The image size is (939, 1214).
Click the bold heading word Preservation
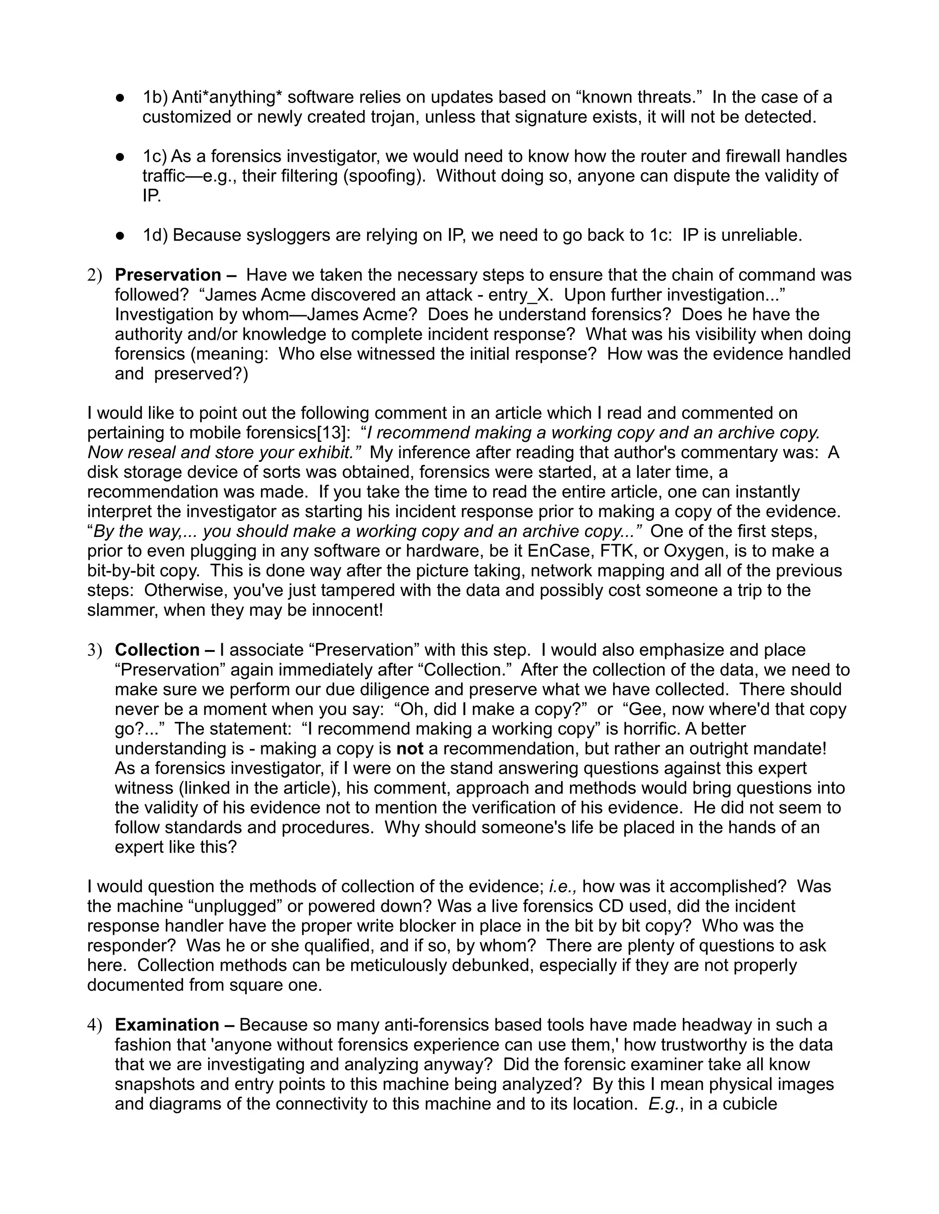click(168, 275)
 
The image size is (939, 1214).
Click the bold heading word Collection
click(157, 650)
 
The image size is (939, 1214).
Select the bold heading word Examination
click(167, 1024)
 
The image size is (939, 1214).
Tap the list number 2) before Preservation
click(95, 275)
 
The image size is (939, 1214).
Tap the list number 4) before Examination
click(95, 1024)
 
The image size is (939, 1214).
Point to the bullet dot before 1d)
click(120, 235)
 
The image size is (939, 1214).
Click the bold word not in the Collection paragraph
click(409, 749)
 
